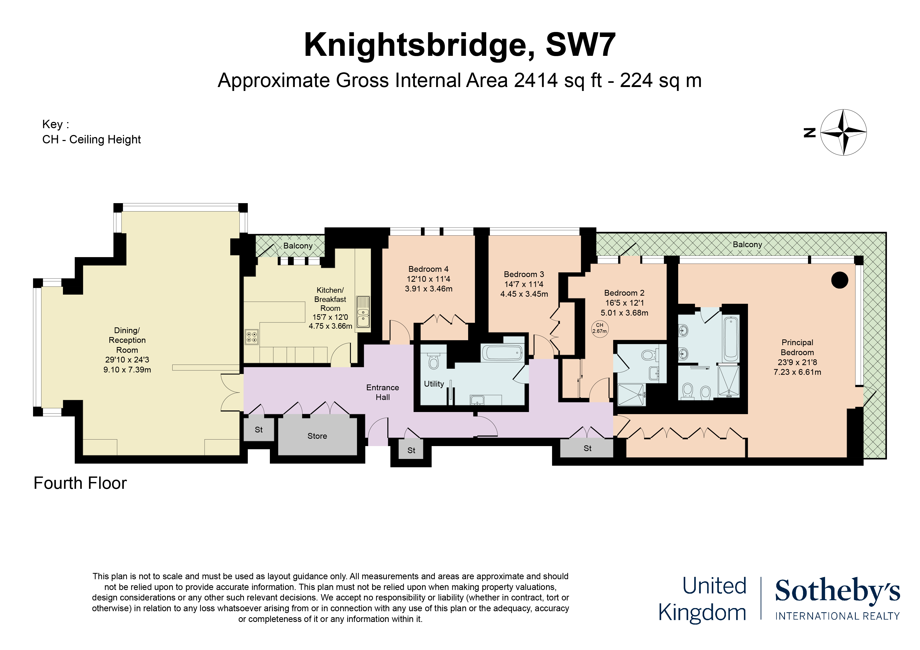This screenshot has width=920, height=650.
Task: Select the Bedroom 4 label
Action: point(428,269)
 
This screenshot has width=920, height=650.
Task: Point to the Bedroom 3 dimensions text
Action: point(524,289)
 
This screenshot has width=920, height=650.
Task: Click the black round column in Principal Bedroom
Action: point(839,280)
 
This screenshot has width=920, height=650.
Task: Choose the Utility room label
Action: point(434,384)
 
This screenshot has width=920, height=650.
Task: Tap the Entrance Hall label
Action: point(382,392)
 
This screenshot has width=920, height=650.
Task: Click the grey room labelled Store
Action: point(317,436)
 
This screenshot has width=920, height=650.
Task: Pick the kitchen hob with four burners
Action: point(252,337)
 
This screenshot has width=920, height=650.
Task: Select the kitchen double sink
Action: point(363,312)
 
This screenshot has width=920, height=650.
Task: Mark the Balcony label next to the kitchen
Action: point(298,246)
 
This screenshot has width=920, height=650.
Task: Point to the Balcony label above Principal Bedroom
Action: point(747,244)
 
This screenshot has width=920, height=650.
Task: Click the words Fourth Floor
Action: point(80,483)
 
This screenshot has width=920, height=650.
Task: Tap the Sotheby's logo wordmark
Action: point(837,591)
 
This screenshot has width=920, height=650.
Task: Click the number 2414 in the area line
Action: point(536,80)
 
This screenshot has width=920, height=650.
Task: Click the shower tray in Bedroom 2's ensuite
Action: point(631,394)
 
